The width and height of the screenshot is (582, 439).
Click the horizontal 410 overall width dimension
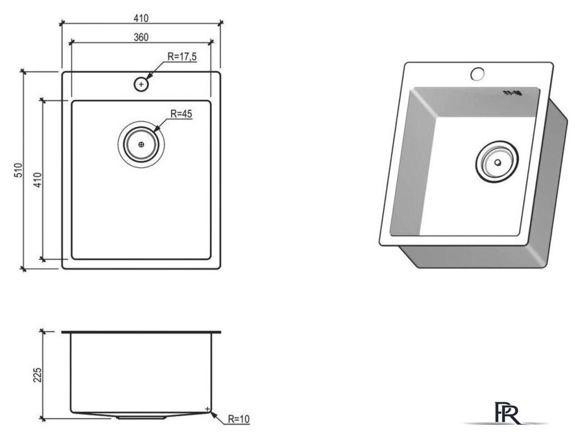click(x=141, y=18)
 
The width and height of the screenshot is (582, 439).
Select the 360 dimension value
click(x=141, y=37)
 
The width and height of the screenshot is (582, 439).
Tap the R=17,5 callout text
click(x=182, y=57)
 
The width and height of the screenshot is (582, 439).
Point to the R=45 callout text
click(x=181, y=114)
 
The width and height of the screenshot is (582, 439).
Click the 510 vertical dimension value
click(x=19, y=170)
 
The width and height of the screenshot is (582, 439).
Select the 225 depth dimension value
click(x=37, y=375)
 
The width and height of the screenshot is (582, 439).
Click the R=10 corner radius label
click(x=238, y=420)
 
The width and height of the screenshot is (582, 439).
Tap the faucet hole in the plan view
click(x=141, y=85)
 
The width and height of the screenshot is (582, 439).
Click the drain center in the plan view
click(x=141, y=144)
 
